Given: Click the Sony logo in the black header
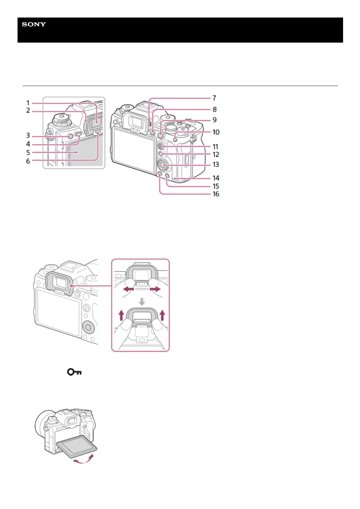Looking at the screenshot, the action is point(34,24).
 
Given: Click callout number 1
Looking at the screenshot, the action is point(28,103).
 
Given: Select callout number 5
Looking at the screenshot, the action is point(28,153).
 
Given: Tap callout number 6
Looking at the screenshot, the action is point(28,161).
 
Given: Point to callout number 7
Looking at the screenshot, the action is point(214,98).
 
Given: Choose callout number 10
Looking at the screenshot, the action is point(216,132).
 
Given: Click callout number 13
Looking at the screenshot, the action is point(216,164).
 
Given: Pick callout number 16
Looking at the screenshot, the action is point(216,194).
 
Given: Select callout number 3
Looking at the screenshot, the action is point(28,135).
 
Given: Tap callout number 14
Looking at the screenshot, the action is point(216,178).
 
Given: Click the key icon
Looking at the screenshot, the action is point(74,372).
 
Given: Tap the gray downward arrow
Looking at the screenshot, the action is point(142,301).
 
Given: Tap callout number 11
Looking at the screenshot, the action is point(215,147).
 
